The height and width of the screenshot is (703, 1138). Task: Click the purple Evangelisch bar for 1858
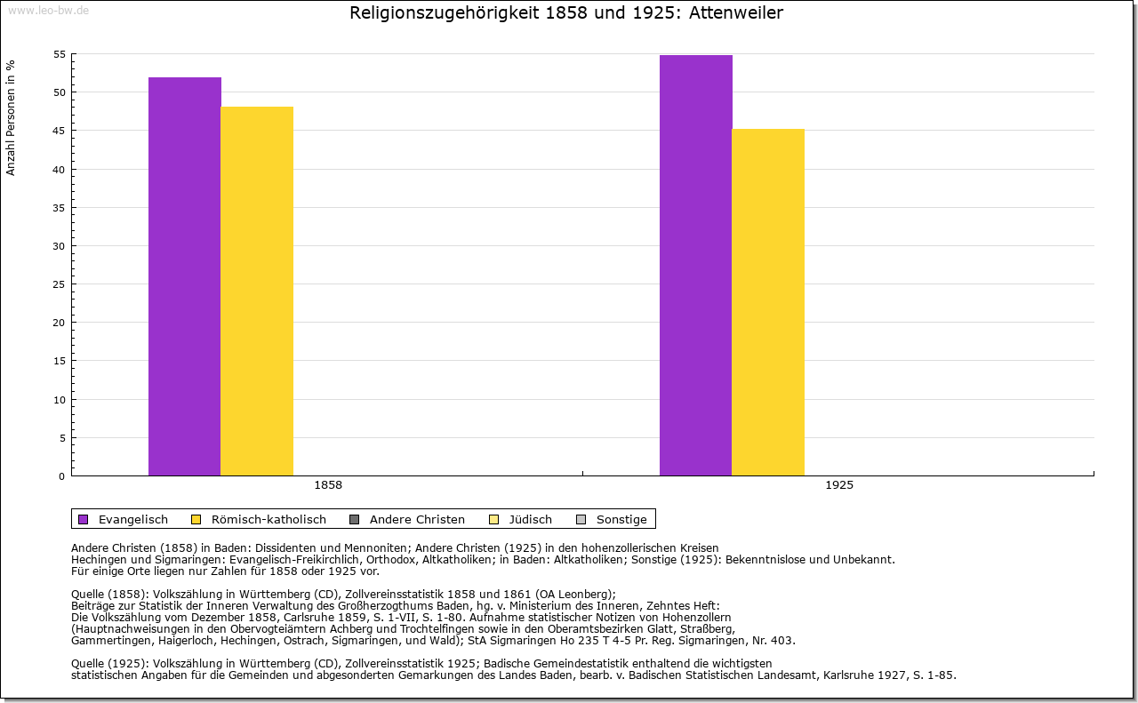coord(185,276)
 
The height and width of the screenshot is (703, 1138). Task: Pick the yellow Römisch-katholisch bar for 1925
coord(768,302)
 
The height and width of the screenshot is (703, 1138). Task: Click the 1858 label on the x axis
coord(328,485)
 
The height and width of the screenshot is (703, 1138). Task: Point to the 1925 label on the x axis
coord(839,485)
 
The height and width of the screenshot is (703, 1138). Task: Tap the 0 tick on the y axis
coord(61,476)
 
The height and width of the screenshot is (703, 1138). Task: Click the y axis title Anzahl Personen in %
coord(11,117)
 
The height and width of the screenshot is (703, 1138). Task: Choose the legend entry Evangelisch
coord(132,519)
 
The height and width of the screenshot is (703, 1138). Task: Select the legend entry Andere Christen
coord(417,519)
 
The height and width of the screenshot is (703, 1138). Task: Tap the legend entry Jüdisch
coord(529,519)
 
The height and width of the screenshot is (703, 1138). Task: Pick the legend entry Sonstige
coord(621,519)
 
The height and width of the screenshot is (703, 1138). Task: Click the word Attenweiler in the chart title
coord(736,13)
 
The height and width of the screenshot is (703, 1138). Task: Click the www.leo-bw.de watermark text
coord(47,10)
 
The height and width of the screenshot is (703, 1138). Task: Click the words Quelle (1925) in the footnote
coord(110,663)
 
